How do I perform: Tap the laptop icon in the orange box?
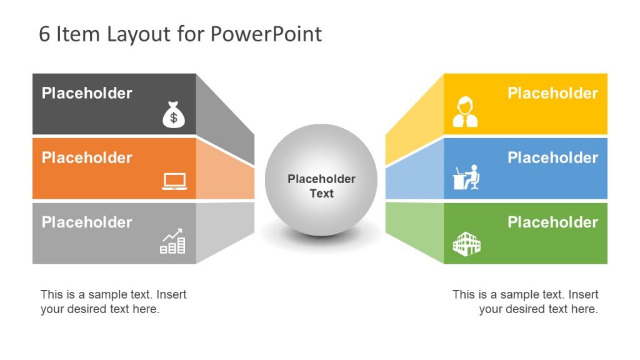point(174,181)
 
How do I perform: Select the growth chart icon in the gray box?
point(173,242)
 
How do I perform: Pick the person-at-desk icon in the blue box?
point(466,177)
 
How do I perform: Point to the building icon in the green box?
point(466,244)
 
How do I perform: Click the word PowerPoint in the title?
point(266,34)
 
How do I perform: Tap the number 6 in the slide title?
point(44,34)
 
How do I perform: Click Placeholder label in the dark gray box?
point(87,93)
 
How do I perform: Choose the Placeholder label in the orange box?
point(87,157)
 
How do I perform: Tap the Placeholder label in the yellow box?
point(552,93)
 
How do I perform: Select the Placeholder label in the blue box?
point(552,157)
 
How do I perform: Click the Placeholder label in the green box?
point(552,222)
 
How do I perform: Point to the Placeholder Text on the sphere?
point(321,186)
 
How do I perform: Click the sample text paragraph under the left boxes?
point(113,302)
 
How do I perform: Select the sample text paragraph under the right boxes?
point(525,302)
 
